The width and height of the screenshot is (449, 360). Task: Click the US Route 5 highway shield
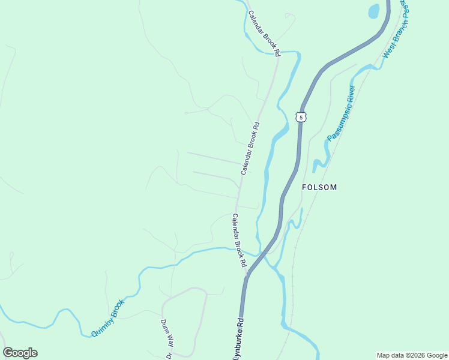[x=301, y=116]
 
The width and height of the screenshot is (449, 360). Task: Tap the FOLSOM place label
[x=319, y=187]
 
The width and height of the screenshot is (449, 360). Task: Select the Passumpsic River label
[x=342, y=113]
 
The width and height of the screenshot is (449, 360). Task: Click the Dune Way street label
[x=166, y=333]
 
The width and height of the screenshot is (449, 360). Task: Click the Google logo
[x=20, y=353]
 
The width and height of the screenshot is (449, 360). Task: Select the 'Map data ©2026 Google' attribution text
[x=411, y=355]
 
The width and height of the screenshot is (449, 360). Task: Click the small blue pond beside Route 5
[x=374, y=11]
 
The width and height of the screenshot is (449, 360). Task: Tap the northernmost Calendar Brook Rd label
[x=264, y=34]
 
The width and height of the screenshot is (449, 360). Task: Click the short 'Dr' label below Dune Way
[x=169, y=355]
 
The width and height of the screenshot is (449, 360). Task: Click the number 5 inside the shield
[x=301, y=117]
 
